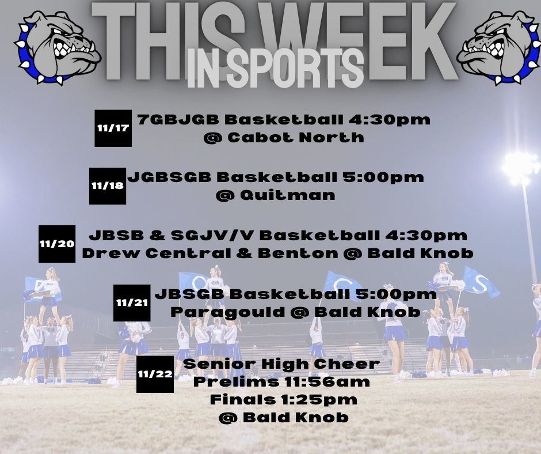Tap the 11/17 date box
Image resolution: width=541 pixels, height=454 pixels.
tap(113, 128)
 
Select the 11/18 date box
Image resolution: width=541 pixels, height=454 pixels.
tap(107, 186)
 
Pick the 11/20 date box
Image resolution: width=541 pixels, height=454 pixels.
tap(57, 244)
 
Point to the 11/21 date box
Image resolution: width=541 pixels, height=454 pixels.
tap(132, 302)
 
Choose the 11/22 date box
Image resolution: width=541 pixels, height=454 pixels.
tap(155, 374)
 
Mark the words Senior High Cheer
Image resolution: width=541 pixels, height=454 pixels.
tap(281, 364)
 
